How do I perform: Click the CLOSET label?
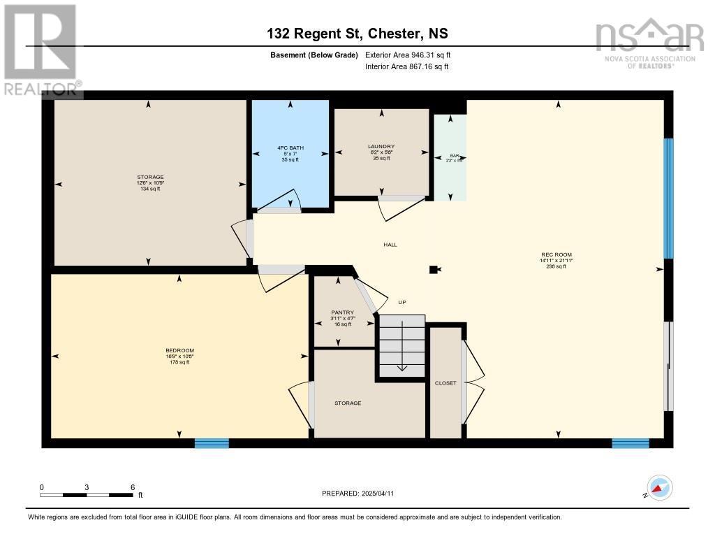pyautogui.click(x=445, y=383)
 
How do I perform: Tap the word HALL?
pyautogui.click(x=390, y=245)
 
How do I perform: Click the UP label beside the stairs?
pyautogui.click(x=401, y=302)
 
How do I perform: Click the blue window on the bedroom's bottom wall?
pyautogui.click(x=212, y=443)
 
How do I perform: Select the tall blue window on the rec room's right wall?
pyautogui.click(x=668, y=199)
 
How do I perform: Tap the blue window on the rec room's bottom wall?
pyautogui.click(x=630, y=443)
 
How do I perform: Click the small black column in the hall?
pyautogui.click(x=434, y=269)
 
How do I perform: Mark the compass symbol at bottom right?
pyautogui.click(x=659, y=487)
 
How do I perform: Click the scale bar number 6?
pyautogui.click(x=132, y=487)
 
